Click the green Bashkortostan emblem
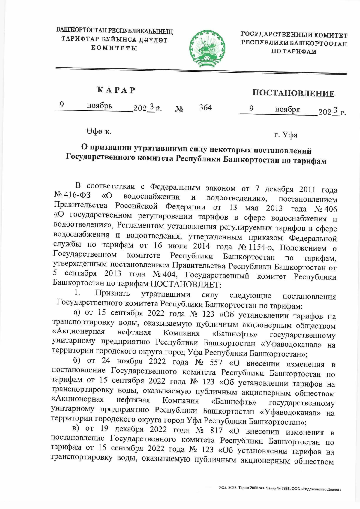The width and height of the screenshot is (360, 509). pos(207,48)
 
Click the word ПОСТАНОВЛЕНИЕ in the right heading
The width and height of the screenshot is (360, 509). pos(293,93)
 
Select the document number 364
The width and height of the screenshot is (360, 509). pos(205,107)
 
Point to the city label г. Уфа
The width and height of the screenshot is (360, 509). pos(286,135)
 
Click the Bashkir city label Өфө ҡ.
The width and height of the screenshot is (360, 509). pos(99,131)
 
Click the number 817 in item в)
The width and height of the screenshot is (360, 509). pos(216,430)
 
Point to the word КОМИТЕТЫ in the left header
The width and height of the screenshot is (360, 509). pos(114,48)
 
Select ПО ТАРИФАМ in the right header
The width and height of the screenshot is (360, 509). pos(294,51)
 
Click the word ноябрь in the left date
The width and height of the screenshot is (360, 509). pos(99,106)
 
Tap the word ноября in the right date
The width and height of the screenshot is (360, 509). pos(287,110)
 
